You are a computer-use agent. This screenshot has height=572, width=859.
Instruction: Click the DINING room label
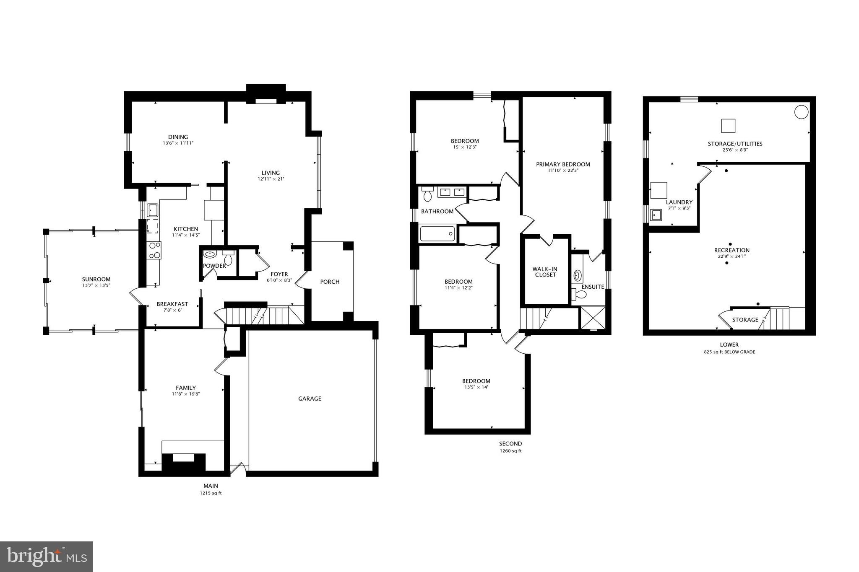pyautogui.click(x=178, y=137)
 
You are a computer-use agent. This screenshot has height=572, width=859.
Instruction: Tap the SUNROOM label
pyautogui.click(x=96, y=280)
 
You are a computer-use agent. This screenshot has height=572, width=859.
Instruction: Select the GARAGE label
pyautogui.click(x=310, y=399)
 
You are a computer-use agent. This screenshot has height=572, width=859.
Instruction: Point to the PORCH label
pyautogui.click(x=330, y=282)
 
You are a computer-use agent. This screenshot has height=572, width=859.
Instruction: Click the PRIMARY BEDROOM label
pyautogui.click(x=563, y=164)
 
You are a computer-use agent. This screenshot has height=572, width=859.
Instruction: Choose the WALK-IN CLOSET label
pyautogui.click(x=545, y=272)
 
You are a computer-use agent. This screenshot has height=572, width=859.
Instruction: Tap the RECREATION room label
pyautogui.click(x=731, y=251)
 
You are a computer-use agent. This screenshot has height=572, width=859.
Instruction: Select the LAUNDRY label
pyautogui.click(x=679, y=202)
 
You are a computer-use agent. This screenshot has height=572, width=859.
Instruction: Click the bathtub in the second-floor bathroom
pyautogui.click(x=437, y=234)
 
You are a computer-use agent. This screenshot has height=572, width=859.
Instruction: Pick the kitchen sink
pyautogui.click(x=152, y=209)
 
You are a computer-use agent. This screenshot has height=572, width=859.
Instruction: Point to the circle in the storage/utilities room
pyautogui.click(x=801, y=112)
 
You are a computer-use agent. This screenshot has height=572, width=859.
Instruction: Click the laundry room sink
pyautogui.click(x=656, y=215)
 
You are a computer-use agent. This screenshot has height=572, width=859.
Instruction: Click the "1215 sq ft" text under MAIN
pyautogui.click(x=211, y=493)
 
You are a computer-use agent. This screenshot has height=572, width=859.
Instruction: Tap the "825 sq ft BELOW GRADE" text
pyautogui.click(x=729, y=352)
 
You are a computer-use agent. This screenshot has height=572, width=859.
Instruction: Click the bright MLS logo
pyautogui.click(x=47, y=557)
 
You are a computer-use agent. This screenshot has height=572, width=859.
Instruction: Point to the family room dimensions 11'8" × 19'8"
pyautogui.click(x=186, y=394)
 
